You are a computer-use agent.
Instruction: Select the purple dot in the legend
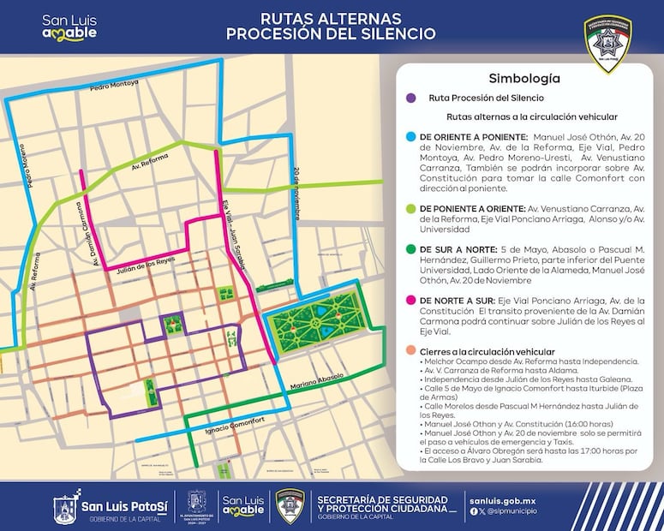click(x=412, y=98)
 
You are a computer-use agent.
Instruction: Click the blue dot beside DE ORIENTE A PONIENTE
click(x=412, y=136)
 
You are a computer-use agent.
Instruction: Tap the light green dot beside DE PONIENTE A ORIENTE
click(x=412, y=209)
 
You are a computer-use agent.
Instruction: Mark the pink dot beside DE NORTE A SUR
click(x=412, y=301)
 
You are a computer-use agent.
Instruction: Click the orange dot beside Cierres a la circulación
click(x=412, y=352)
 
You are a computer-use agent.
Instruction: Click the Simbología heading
click(x=524, y=78)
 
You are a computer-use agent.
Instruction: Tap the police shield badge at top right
click(x=607, y=43)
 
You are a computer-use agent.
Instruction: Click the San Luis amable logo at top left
click(x=69, y=27)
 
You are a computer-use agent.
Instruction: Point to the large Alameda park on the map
click(x=322, y=313)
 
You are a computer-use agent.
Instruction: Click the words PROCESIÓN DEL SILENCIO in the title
click(x=331, y=34)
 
